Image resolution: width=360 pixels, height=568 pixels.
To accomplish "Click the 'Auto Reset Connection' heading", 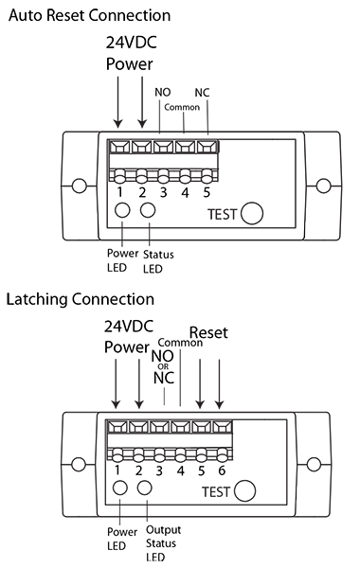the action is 90,15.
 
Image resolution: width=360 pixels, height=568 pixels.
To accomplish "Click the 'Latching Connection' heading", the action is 81,300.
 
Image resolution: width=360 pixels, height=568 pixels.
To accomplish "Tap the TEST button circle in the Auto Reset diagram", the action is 252,213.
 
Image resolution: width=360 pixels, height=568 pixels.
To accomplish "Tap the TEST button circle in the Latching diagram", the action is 244,490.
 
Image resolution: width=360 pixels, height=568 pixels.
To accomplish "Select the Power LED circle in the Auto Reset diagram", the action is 122,210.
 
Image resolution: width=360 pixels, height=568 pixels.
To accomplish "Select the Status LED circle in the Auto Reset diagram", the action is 148,210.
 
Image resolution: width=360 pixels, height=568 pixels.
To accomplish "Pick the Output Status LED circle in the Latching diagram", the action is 144,488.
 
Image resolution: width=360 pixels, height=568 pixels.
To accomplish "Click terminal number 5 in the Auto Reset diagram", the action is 207,192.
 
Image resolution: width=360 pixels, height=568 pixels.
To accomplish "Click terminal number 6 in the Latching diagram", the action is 222,470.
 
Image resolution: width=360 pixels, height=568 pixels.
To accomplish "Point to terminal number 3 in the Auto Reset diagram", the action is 164,192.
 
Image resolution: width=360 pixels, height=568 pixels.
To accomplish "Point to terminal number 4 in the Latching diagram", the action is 181,470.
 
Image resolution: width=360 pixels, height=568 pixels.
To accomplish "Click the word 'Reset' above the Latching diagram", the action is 208,332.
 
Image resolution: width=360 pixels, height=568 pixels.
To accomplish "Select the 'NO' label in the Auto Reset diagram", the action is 162,93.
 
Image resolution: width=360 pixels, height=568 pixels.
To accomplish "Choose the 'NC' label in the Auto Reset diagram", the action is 203,93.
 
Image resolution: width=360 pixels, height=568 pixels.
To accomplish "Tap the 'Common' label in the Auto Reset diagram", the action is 182,107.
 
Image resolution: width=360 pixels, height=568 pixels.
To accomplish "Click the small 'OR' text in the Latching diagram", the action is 163,366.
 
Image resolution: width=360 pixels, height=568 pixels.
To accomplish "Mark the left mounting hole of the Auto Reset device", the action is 80,186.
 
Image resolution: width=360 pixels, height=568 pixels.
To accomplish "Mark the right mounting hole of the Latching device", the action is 314,465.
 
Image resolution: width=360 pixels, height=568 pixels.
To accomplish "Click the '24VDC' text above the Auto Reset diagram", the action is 132,43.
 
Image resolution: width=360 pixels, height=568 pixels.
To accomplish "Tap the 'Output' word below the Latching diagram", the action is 164,530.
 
